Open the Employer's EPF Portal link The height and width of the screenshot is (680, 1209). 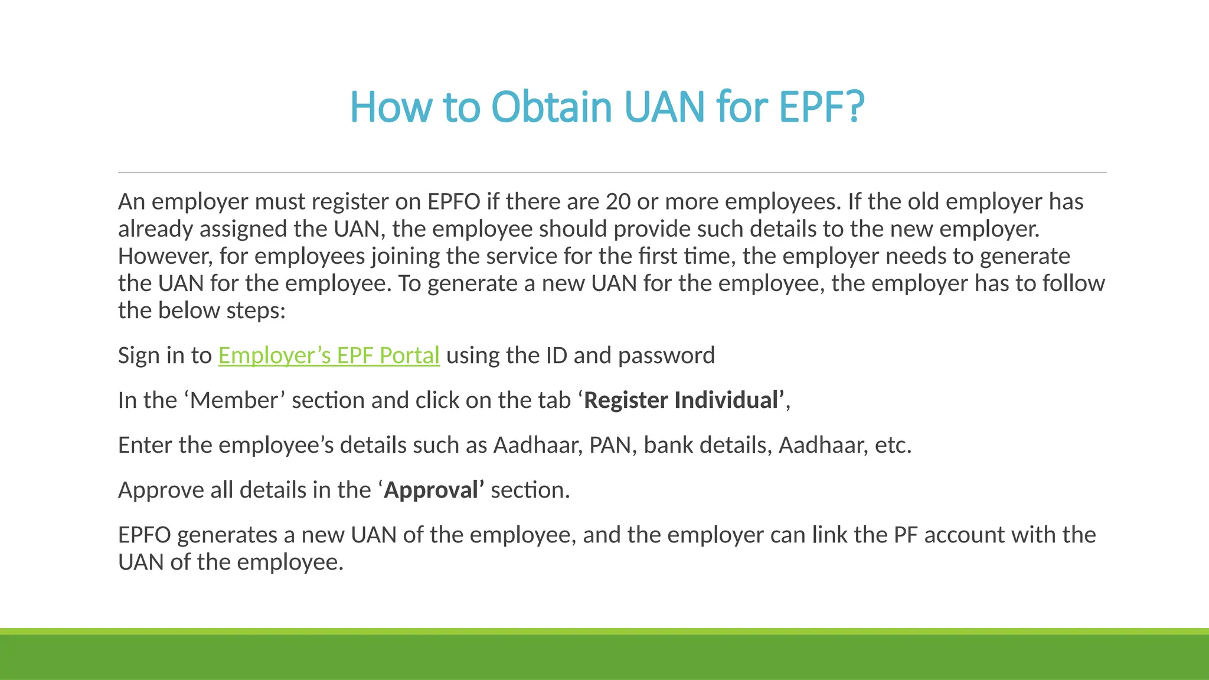coord(329,355)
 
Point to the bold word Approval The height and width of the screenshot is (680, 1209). coord(432,490)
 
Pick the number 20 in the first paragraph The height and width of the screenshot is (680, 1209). coord(618,202)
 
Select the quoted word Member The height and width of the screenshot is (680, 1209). coord(234,400)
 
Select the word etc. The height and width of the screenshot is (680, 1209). coord(893,445)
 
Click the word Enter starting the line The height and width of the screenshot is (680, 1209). coord(145,445)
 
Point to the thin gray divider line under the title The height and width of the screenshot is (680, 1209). coord(612,172)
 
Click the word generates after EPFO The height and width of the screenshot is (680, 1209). coord(227,535)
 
